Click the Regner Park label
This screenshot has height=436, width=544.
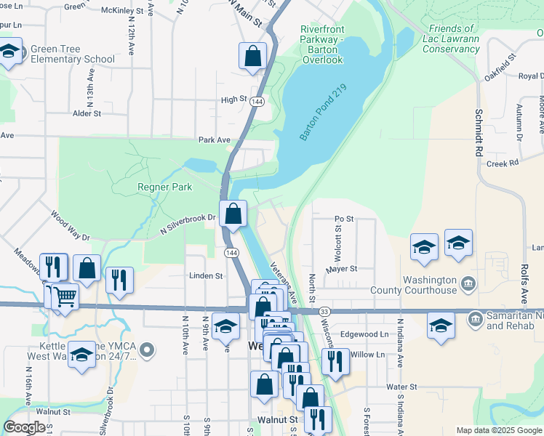(165, 187)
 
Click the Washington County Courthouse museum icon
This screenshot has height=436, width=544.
(469, 280)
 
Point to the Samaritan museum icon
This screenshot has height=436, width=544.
(475, 318)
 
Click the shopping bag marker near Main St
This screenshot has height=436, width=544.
(252, 57)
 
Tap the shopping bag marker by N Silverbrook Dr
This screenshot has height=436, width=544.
(233, 214)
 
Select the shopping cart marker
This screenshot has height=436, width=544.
(65, 296)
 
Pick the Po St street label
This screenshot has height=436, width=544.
(344, 218)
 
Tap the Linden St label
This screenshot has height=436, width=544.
(205, 276)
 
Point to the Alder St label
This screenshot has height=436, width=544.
(87, 113)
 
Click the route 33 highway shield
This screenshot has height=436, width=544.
(324, 311)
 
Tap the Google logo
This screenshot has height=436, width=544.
(25, 427)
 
